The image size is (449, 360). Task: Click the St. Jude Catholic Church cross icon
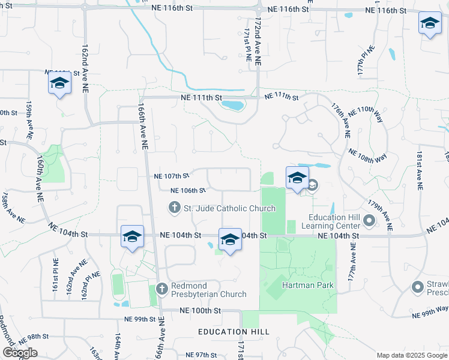point(174,208)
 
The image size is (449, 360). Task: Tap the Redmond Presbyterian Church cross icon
point(161,289)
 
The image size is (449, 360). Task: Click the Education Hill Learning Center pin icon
point(369,222)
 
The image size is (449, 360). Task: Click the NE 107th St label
point(172,176)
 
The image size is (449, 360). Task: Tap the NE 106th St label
point(188,190)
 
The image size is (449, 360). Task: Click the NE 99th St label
point(139,319)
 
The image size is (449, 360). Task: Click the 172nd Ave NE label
point(258,41)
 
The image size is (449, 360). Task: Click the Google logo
point(20,353)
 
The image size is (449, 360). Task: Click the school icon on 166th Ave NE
point(132,236)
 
